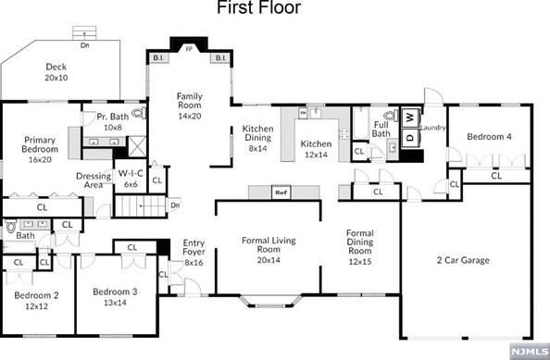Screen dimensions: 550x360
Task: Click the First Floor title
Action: [x=259, y=7]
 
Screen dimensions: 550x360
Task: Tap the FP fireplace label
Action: [x=189, y=49]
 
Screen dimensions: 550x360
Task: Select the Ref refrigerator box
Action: [x=281, y=192]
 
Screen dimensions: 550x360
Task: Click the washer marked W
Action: [x=410, y=118]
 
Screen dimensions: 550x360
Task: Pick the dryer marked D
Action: [x=410, y=138]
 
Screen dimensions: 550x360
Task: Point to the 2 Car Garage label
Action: [x=463, y=260]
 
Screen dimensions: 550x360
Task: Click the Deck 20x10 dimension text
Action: [x=56, y=78]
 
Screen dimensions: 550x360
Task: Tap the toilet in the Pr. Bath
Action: [x=139, y=113]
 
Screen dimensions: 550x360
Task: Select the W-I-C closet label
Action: [x=131, y=173]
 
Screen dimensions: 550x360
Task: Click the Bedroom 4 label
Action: [x=489, y=137]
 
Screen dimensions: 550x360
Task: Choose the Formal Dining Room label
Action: [x=360, y=242]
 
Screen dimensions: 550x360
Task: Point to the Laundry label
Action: [x=432, y=128]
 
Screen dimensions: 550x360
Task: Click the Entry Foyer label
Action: [x=194, y=247]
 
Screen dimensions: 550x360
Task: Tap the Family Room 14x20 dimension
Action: [x=190, y=116]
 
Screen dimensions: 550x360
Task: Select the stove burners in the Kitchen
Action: [x=344, y=133]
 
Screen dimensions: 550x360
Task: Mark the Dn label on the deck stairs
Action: [x=84, y=45]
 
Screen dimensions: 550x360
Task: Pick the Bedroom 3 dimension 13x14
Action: [x=115, y=303]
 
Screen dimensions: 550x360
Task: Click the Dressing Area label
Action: [x=94, y=180]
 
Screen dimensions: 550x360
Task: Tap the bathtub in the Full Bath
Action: [x=360, y=123]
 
